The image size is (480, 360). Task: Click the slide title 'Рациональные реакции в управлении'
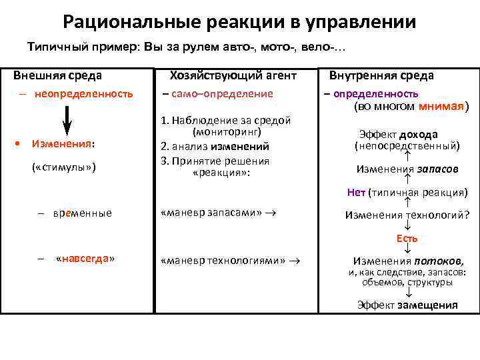point(239,21)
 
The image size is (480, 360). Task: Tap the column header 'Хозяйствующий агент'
point(233,75)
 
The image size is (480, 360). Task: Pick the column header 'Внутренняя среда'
point(386,75)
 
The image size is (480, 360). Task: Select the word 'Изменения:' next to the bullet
point(63,144)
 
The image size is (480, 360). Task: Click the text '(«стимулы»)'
point(64,166)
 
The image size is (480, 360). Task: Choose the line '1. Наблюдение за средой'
point(227,121)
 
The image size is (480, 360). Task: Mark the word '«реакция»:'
point(219,172)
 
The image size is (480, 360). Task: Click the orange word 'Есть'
point(407,238)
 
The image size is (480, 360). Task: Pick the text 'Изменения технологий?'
point(407,215)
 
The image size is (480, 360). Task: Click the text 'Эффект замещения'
point(407,305)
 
